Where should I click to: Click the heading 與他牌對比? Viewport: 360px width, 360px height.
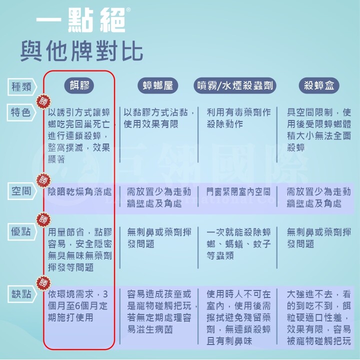pyautogui.click(x=81, y=50)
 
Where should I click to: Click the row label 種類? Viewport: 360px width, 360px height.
pyautogui.click(x=21, y=86)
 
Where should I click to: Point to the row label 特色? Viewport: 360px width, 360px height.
pyautogui.click(x=21, y=112)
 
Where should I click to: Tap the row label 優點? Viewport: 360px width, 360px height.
pyautogui.click(x=21, y=231)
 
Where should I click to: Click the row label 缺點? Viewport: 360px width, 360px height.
pyautogui.click(x=21, y=293)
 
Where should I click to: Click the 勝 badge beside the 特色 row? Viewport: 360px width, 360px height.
pyautogui.click(x=42, y=101)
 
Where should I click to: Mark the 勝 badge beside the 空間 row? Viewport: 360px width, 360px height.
pyautogui.click(x=42, y=179)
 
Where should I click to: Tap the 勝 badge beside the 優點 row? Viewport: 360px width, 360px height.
pyautogui.click(x=42, y=219)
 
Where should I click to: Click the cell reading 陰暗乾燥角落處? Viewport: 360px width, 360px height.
pyautogui.click(x=79, y=192)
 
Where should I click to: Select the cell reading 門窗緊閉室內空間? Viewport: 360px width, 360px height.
pyautogui.click(x=238, y=191)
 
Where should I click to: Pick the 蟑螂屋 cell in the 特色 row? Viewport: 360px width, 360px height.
pyautogui.click(x=159, y=118)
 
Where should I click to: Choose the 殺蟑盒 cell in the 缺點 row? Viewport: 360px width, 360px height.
pyautogui.click(x=318, y=317)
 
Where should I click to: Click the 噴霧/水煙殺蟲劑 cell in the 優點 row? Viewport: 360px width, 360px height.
pyautogui.click(x=238, y=244)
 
